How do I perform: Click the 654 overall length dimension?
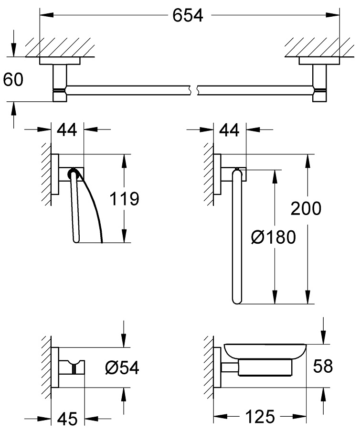click(x=188, y=16)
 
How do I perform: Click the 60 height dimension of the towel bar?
click(x=13, y=79)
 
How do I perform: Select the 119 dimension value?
click(x=124, y=198)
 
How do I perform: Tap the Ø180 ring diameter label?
click(x=273, y=237)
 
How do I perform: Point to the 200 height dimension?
click(x=305, y=208)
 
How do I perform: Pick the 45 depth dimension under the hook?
click(x=66, y=419)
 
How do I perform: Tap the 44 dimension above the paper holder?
click(x=67, y=129)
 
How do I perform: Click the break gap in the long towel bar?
click(x=194, y=89)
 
